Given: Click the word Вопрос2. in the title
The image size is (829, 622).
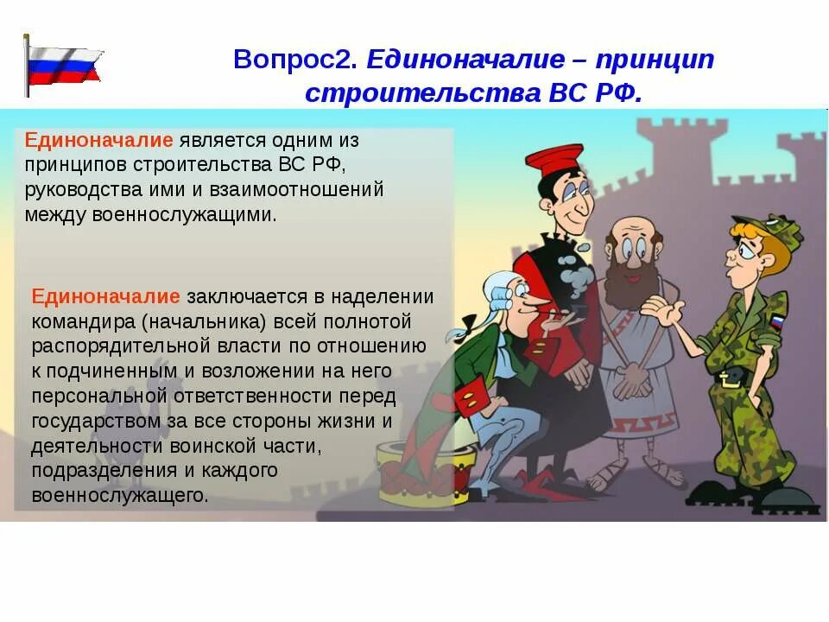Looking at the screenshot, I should (x=294, y=60).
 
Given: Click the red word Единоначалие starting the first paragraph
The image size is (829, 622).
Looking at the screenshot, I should (x=99, y=140).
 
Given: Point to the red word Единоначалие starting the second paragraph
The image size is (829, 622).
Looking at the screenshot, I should (x=106, y=296).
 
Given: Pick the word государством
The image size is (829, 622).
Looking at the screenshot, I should (x=97, y=422).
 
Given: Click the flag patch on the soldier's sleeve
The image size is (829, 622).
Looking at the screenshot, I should (x=775, y=322).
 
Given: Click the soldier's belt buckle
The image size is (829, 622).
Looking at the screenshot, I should (x=729, y=377).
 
